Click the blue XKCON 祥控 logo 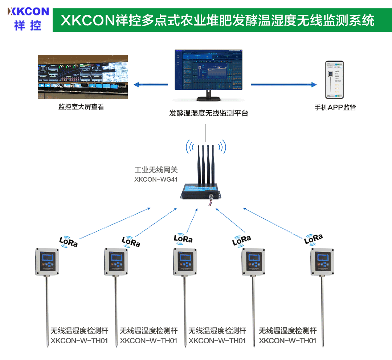click(x=28, y=18)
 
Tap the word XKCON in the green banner click(x=87, y=20)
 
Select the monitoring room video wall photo click(x=83, y=77)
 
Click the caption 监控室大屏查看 click(x=81, y=107)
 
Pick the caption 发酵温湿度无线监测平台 click(x=209, y=113)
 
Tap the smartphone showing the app click(x=334, y=80)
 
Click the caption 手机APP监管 click(x=335, y=108)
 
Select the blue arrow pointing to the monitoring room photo click(x=151, y=85)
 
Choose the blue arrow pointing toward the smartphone click(x=283, y=85)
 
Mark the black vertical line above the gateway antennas click(x=205, y=133)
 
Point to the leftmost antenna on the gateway click(x=198, y=163)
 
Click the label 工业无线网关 click(x=156, y=170)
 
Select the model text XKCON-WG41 click(x=156, y=179)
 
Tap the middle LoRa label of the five click(x=183, y=239)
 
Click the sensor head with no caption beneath click(x=322, y=262)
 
